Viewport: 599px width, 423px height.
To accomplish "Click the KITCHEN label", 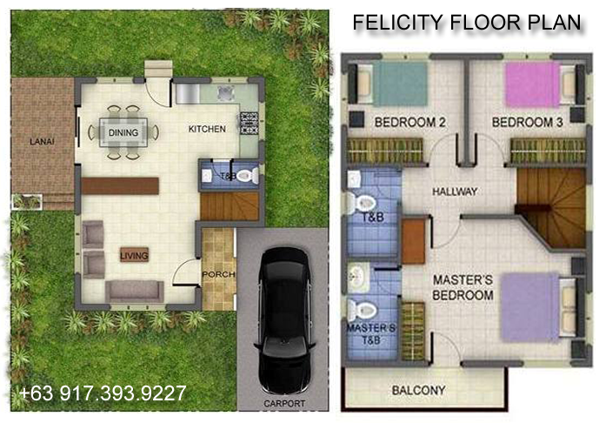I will click(x=207, y=129).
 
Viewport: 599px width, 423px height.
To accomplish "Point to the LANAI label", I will click(x=37, y=141).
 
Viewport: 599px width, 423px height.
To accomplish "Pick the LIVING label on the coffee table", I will click(x=134, y=255).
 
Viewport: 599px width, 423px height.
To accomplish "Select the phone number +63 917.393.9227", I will click(x=102, y=393).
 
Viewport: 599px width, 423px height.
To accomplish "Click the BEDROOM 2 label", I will click(x=409, y=123).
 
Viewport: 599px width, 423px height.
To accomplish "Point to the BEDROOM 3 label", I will click(x=528, y=123).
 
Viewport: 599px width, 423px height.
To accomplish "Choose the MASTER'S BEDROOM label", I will click(x=463, y=287).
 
